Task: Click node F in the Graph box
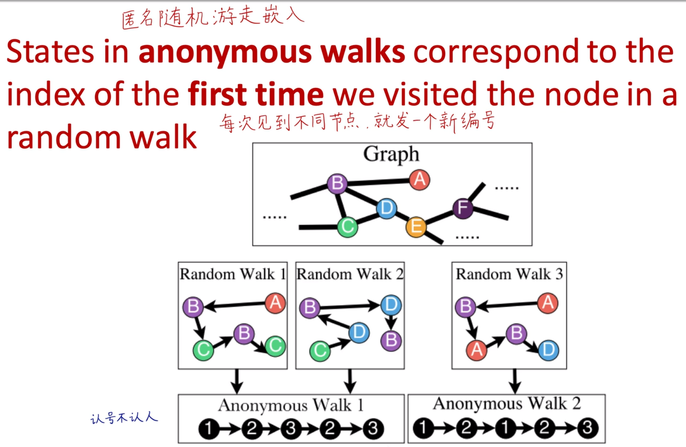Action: click(x=462, y=208)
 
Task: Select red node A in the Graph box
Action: click(x=419, y=180)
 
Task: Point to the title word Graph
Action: click(x=391, y=155)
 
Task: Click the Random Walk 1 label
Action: click(x=232, y=274)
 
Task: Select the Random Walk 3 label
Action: click(x=509, y=274)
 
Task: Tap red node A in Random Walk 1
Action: click(x=275, y=303)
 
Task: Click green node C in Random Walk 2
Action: click(x=320, y=350)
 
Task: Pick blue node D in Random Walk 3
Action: click(x=549, y=350)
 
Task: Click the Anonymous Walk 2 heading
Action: click(x=506, y=404)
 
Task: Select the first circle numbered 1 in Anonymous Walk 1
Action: click(x=208, y=429)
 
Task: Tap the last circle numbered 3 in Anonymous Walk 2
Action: click(x=588, y=428)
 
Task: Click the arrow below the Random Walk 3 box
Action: click(x=514, y=381)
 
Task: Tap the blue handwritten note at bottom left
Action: click(x=124, y=418)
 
